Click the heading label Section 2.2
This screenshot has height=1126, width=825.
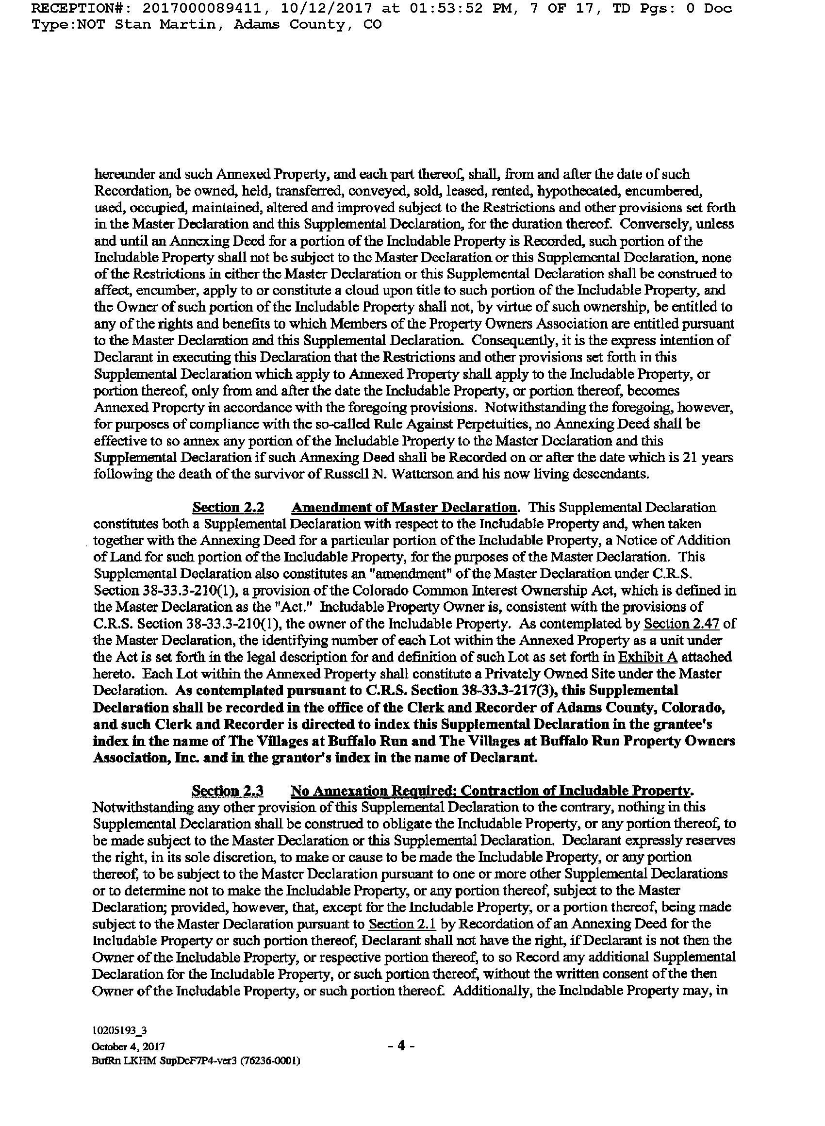click(x=228, y=507)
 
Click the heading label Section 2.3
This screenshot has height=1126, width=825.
click(x=228, y=791)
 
